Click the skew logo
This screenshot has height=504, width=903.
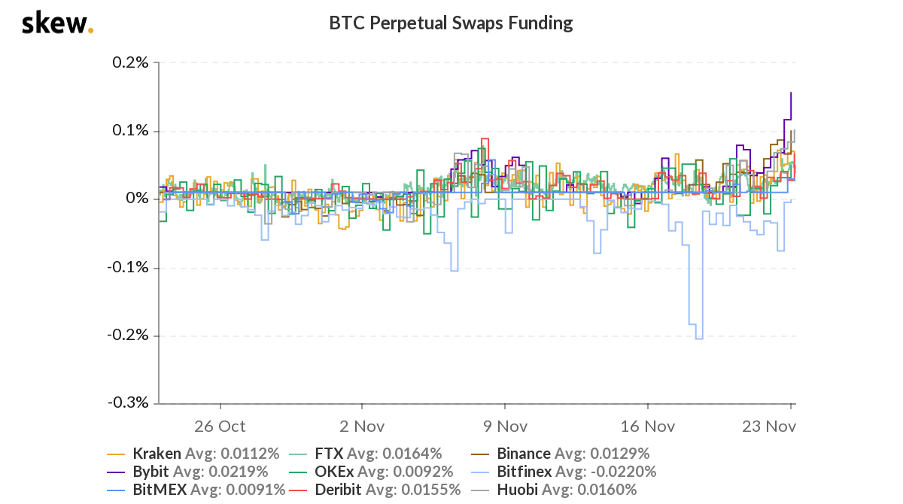57,23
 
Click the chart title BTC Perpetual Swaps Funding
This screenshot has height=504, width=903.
451,23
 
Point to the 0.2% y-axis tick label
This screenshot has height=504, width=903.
130,62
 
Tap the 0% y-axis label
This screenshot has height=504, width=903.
138,199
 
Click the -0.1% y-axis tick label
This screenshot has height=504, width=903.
128,267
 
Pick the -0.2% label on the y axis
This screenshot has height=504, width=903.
128,335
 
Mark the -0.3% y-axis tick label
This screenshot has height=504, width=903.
128,403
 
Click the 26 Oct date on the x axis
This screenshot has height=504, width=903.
220,426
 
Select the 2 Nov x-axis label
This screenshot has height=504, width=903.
362,426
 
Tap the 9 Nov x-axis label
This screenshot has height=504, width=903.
504,426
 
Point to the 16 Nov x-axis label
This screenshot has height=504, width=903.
648,426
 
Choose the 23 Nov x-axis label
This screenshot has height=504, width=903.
769,426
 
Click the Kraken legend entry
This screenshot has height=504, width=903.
157,454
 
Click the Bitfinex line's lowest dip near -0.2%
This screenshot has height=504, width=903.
699,339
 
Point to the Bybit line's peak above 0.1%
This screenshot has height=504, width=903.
790,93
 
